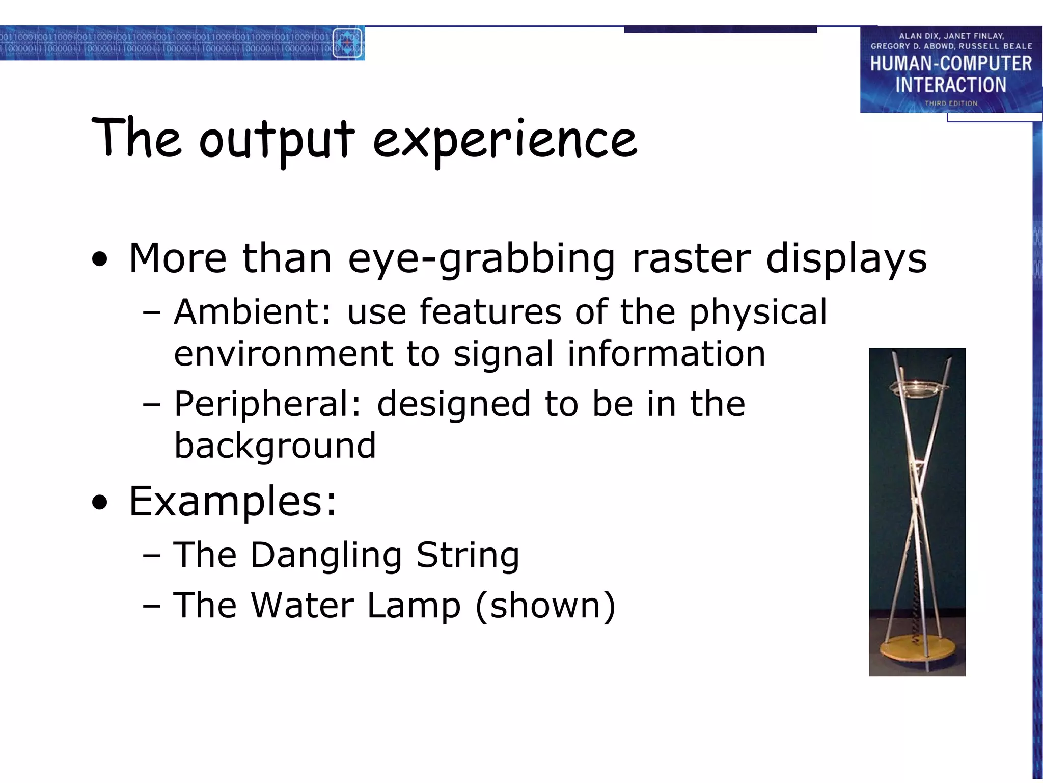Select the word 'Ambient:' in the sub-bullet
252,311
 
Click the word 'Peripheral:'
267,404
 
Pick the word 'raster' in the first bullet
691,258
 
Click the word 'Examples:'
233,501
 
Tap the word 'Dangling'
326,556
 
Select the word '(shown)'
545,606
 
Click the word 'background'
275,446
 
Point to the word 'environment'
283,354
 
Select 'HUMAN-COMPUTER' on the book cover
951,64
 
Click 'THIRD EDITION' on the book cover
951,103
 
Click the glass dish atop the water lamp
917,388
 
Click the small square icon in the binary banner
347,43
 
